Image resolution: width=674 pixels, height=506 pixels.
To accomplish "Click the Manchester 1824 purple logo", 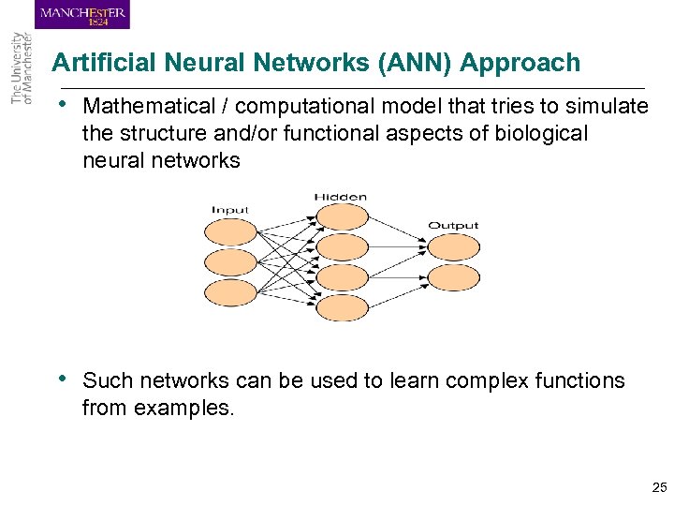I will point(82,15).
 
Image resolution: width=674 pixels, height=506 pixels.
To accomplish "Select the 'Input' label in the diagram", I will point(229,210).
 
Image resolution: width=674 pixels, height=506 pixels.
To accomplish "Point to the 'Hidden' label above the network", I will point(341,197).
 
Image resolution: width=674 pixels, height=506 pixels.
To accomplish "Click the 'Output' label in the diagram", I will point(453,225).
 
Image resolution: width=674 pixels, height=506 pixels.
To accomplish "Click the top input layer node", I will point(230,233).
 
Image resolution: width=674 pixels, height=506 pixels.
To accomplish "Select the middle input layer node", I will point(230,262).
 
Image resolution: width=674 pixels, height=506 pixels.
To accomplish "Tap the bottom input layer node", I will point(230,292).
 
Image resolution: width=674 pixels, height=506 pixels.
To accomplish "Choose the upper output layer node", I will point(454,247).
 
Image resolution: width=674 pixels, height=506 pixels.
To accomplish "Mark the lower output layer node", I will point(454,277).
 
